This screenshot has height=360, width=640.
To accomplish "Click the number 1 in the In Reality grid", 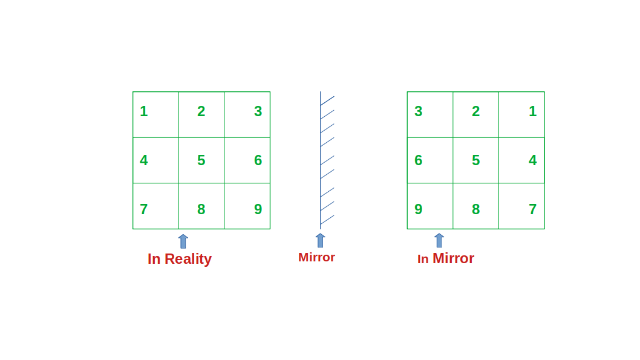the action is point(144,111).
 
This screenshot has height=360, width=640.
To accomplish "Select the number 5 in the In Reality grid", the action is point(201,160).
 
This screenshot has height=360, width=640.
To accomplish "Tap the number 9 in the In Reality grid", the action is point(258,209).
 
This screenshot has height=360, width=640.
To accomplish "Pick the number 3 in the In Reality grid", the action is point(258,111).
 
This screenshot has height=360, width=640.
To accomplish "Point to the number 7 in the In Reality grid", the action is point(144,209).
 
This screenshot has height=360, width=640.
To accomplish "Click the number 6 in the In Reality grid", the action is point(258,160).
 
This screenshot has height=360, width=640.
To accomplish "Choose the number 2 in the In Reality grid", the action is point(201,111).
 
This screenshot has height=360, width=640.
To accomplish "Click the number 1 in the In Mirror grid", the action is point(533,111).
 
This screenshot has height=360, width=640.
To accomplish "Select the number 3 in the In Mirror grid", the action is point(419,111).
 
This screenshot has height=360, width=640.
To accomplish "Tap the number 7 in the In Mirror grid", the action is point(533,209).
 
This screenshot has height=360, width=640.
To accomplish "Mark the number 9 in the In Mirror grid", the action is point(419,209).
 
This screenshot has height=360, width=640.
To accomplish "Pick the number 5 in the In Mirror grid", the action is point(476,160).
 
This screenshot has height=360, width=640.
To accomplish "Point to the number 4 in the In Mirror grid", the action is point(533,160).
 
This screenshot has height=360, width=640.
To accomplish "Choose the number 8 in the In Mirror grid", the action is point(476,209).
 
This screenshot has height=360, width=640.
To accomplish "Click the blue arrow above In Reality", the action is point(183,241).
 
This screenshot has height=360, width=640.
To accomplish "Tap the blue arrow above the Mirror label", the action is point(321,240).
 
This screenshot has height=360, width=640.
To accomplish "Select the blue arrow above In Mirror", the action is point(439,240).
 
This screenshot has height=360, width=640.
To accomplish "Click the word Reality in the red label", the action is point(188,259).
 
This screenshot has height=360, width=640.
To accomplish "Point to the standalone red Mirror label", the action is point(317,257).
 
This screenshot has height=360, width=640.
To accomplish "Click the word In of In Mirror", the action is point(423,259).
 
